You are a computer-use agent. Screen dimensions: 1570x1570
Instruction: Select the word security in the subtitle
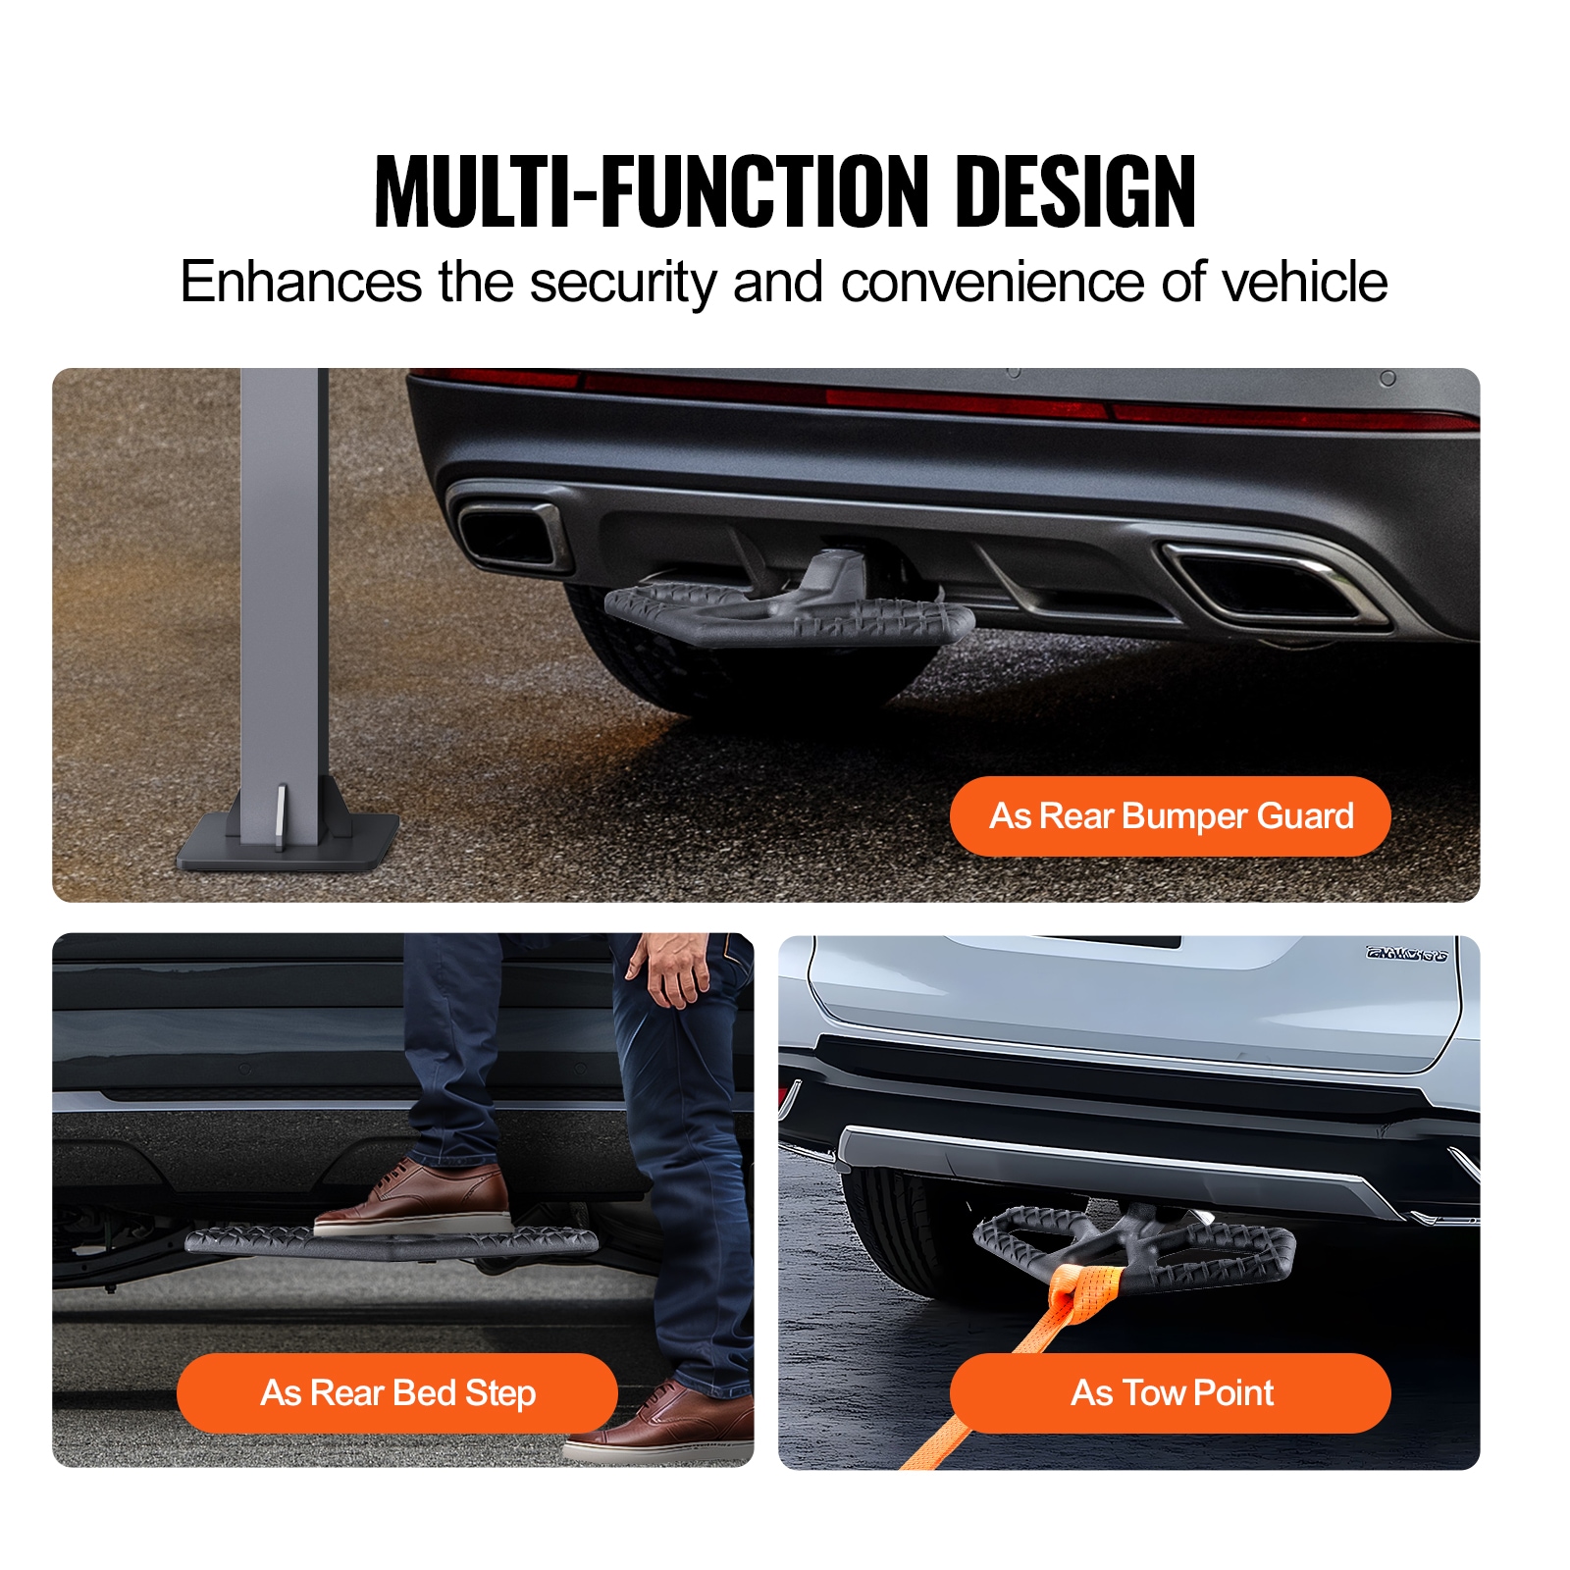tap(622, 284)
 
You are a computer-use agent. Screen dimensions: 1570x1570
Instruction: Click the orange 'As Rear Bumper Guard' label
tap(1171, 815)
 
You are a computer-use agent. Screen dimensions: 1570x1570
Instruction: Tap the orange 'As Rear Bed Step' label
tap(397, 1392)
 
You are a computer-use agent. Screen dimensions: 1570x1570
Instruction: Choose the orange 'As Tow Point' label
tap(1171, 1392)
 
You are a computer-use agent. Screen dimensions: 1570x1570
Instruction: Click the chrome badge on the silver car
tap(1406, 954)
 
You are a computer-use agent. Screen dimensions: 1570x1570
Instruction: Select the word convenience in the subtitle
tap(992, 283)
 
